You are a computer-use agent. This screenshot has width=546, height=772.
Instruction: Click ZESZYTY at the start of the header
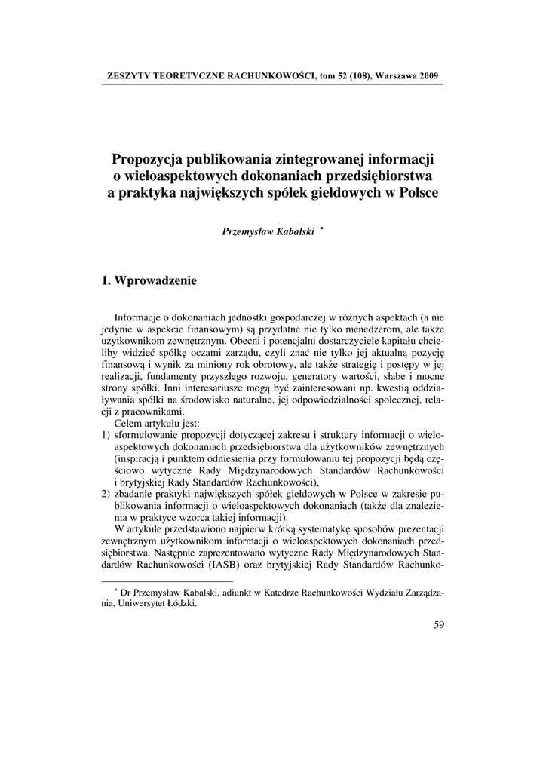[130, 77]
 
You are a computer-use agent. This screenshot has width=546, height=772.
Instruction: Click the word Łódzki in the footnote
[180, 604]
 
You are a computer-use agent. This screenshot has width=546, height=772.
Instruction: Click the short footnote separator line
[167, 582]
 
